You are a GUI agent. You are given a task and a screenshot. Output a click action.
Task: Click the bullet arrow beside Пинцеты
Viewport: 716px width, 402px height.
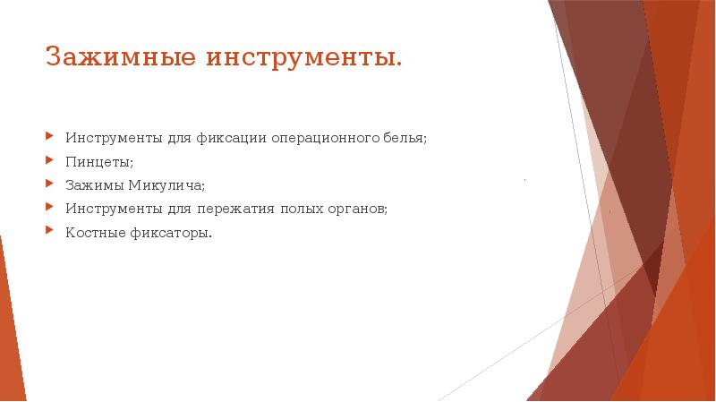[50, 161]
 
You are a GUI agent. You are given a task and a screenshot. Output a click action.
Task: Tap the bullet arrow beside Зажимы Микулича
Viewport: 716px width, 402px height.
[50, 184]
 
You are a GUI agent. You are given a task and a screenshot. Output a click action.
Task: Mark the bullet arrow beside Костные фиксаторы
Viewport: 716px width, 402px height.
[50, 231]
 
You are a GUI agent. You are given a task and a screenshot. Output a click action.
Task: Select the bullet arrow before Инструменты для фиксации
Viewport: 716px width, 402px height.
[50, 138]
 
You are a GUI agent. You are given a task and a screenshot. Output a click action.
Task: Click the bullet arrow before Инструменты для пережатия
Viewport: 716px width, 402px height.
[50, 208]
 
